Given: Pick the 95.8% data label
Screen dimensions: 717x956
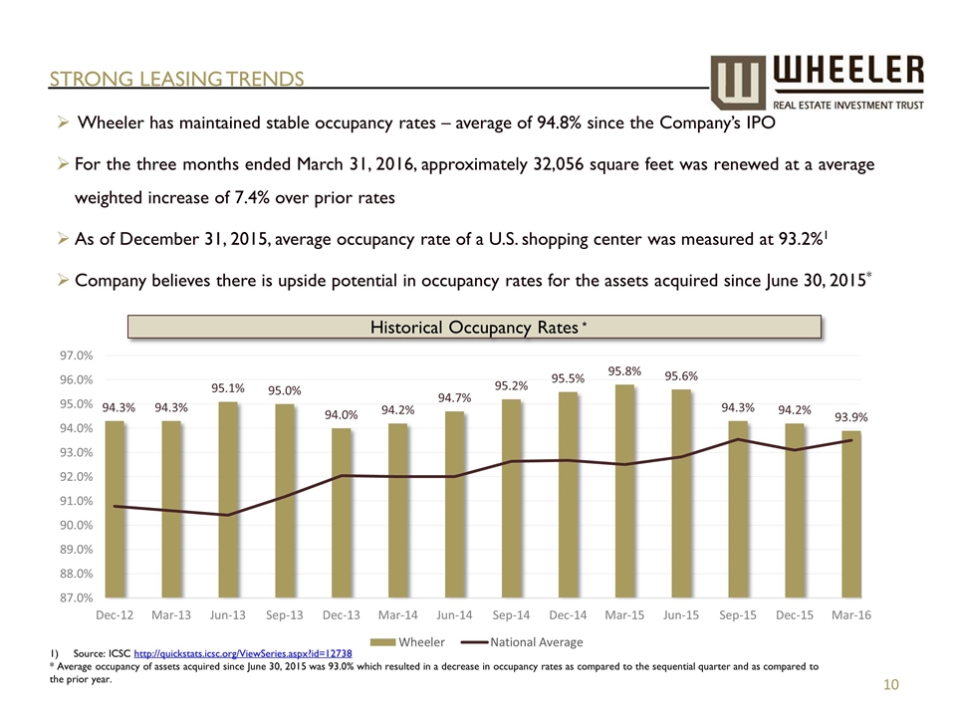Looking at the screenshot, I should (x=625, y=371).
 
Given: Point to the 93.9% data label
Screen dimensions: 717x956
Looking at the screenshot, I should (x=851, y=417).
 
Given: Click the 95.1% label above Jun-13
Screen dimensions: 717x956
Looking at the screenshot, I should (x=228, y=388).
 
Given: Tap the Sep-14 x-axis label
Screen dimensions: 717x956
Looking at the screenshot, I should (x=511, y=615).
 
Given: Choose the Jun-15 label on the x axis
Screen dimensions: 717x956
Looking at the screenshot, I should (x=681, y=615).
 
